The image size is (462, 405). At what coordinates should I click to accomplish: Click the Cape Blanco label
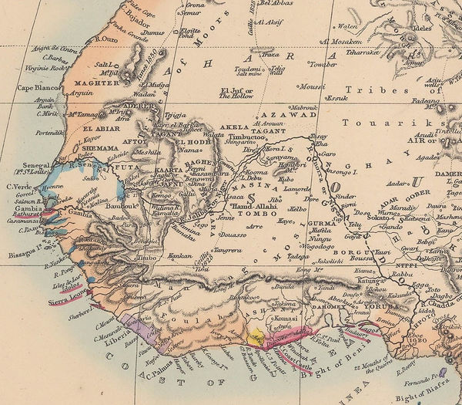tap(28, 86)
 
